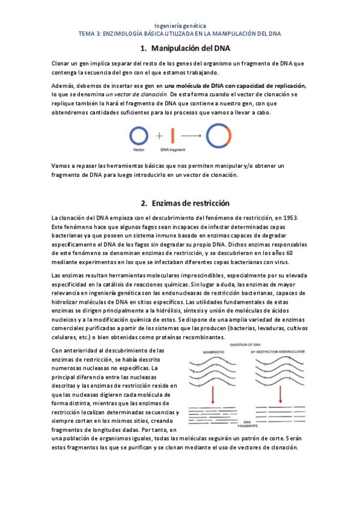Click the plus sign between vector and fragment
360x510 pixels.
[160, 136]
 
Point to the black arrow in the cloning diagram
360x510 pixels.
[191, 136]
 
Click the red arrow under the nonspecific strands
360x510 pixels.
[213, 395]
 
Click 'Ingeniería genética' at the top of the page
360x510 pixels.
[180, 26]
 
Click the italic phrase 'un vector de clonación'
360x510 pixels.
[136, 94]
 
